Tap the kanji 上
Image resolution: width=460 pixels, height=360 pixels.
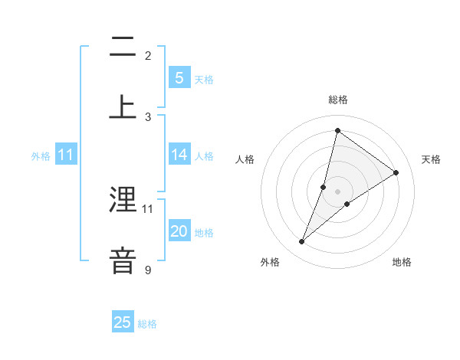[x=123, y=106]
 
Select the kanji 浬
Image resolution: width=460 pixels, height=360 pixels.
[x=123, y=200]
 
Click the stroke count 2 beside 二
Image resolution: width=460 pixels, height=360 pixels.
[x=148, y=55]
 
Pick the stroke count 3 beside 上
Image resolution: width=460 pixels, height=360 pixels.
[x=148, y=116]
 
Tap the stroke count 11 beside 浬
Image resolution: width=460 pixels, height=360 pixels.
[x=148, y=208]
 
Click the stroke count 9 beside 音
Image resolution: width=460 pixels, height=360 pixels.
[x=148, y=270]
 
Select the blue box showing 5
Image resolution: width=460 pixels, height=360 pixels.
[x=179, y=77]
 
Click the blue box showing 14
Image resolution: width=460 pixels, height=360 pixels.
[x=179, y=155]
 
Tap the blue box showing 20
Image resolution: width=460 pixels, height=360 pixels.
[x=179, y=231]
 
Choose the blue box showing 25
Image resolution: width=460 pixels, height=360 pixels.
[x=123, y=322]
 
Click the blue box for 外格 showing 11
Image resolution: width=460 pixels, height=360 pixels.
[x=66, y=155]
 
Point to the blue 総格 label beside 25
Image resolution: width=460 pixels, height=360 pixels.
[x=147, y=324]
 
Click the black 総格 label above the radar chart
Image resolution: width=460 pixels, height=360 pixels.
[x=337, y=100]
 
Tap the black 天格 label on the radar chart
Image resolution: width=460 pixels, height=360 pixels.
[x=431, y=159]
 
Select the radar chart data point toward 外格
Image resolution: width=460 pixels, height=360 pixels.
[x=302, y=242]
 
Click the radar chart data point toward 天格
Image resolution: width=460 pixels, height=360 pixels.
[x=396, y=172]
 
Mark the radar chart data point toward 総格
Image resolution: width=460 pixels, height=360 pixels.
[x=337, y=130]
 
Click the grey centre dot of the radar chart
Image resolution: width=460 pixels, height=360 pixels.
[x=337, y=191]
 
